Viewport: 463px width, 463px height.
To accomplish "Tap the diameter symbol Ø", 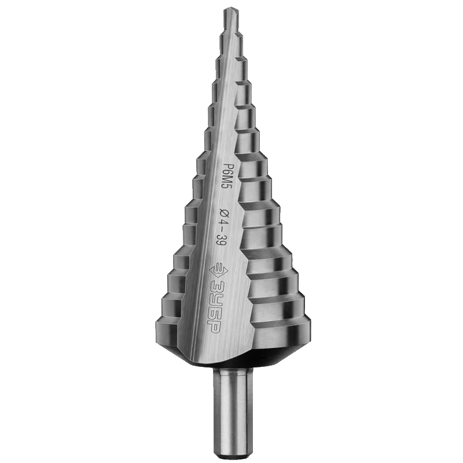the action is (x=223, y=213).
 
